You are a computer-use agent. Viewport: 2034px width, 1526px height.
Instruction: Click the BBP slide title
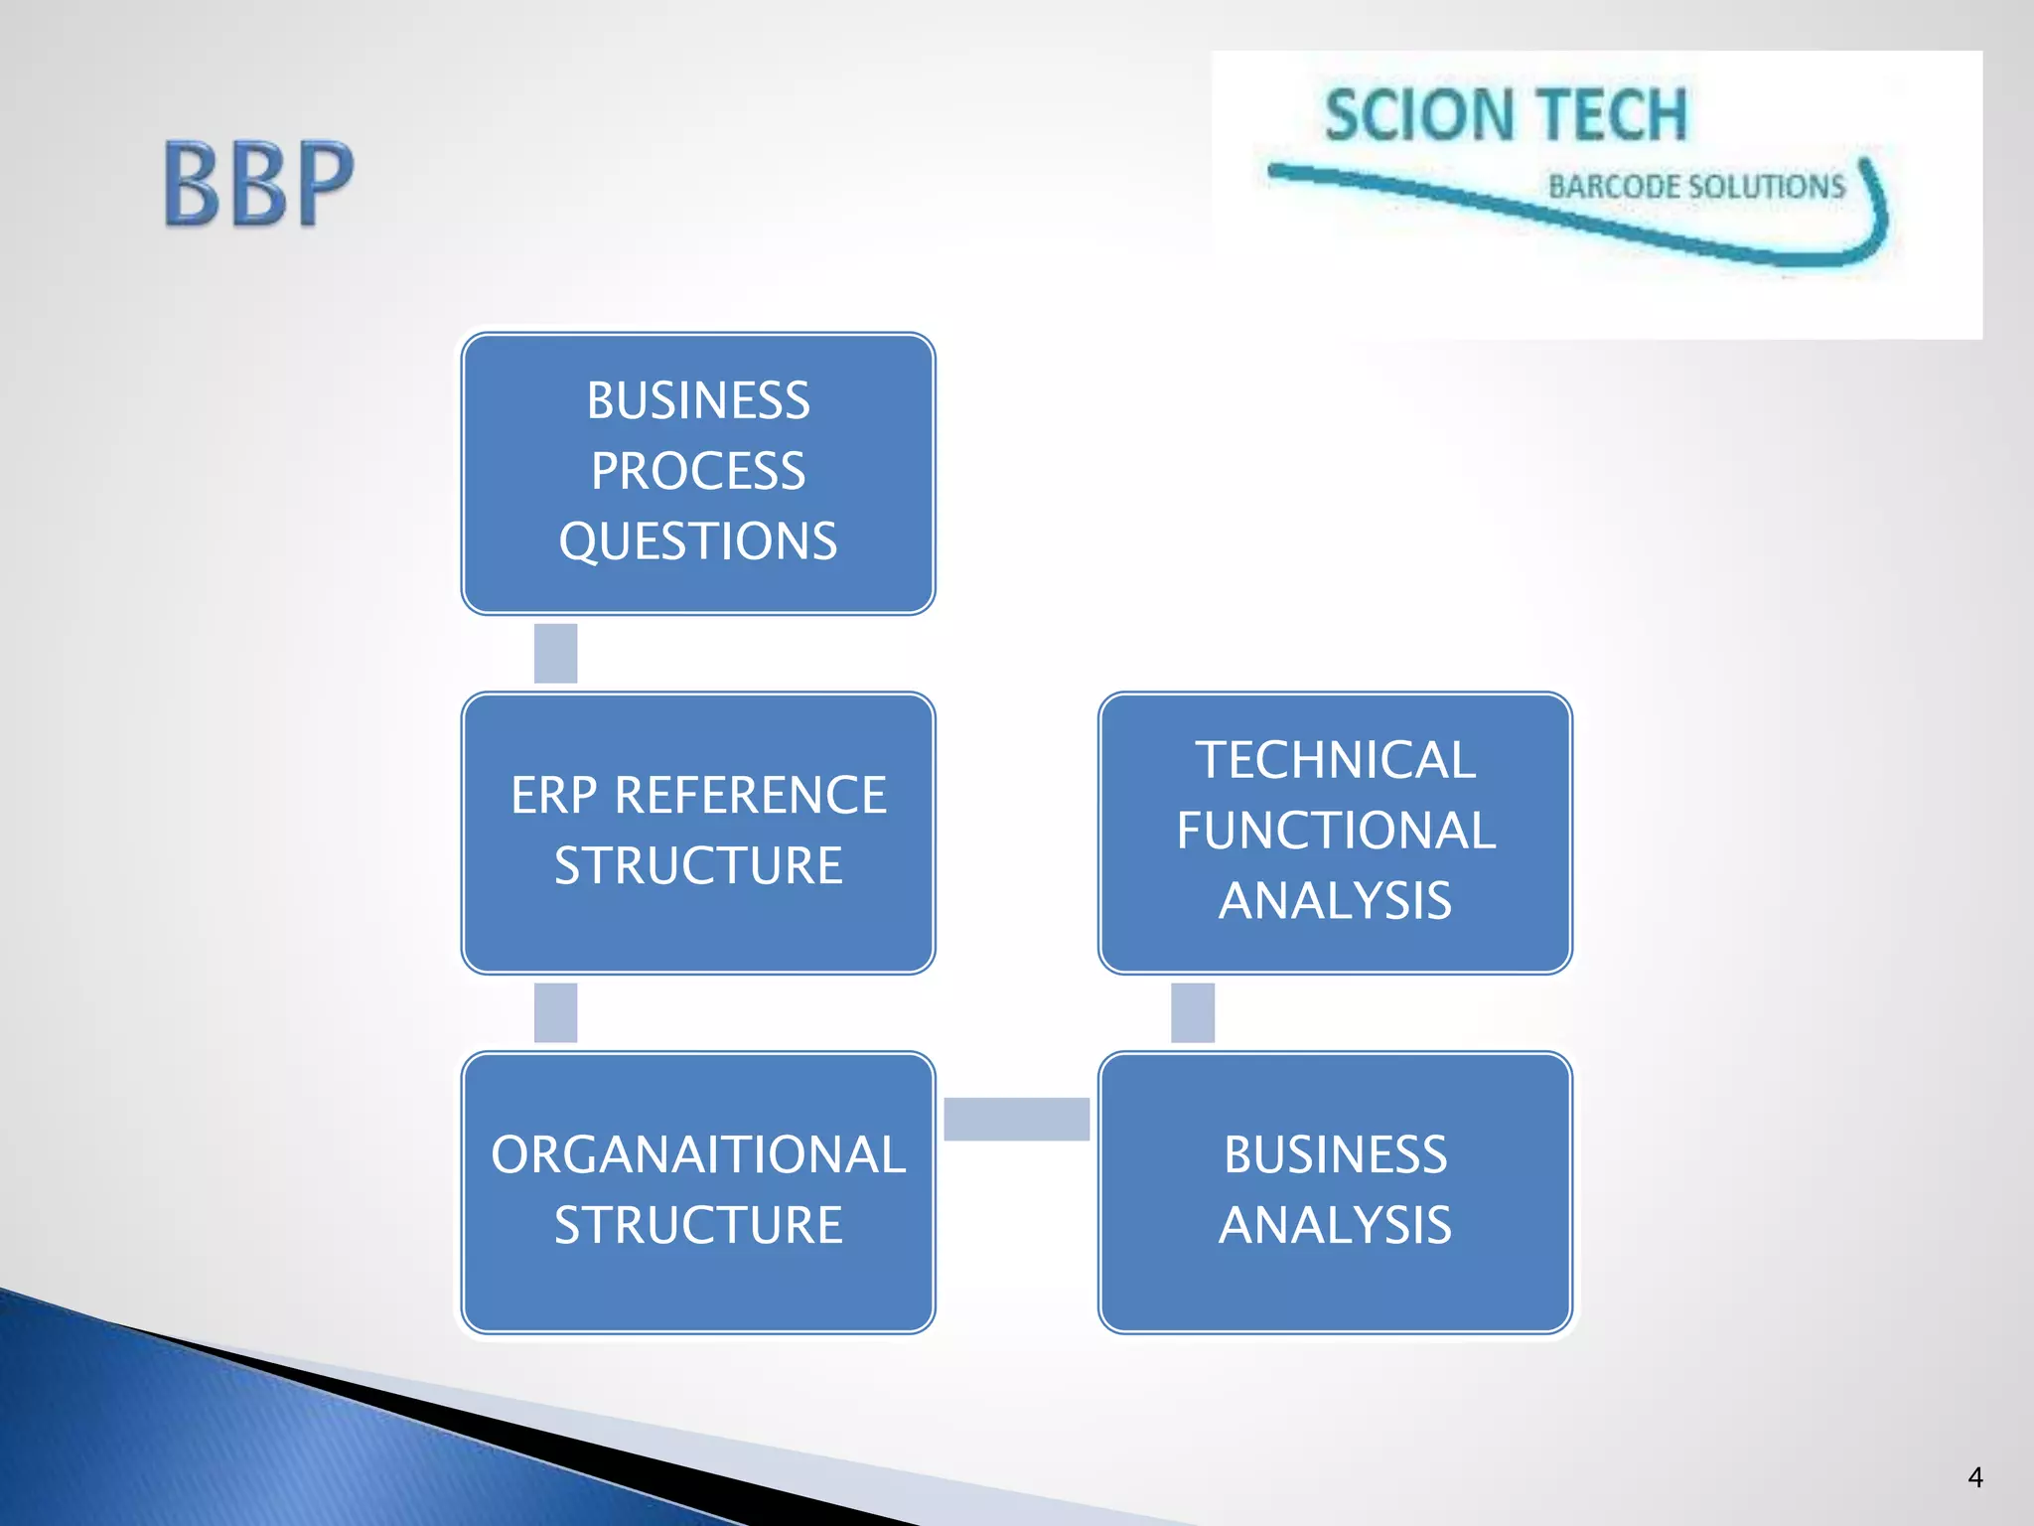pos(258,185)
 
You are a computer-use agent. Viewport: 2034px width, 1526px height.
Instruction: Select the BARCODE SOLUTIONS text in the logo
pos(1696,187)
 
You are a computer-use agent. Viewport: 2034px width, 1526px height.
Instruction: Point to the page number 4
pos(1975,1477)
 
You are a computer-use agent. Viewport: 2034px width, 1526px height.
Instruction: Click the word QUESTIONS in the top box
pos(698,541)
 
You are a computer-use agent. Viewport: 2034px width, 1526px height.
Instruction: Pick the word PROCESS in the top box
pos(698,471)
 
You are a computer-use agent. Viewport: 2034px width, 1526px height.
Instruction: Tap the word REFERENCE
pos(750,796)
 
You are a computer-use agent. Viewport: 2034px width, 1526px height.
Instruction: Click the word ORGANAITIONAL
pos(698,1155)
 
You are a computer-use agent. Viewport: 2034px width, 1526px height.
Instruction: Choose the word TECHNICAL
pos(1335,761)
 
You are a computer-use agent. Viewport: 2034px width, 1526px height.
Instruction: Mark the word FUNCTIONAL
pos(1335,831)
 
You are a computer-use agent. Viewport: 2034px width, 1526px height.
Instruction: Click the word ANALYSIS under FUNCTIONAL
pos(1335,901)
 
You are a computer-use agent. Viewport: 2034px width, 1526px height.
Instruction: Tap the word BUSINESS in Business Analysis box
pos(1335,1155)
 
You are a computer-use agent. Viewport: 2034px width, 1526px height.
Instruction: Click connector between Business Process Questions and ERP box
pos(555,654)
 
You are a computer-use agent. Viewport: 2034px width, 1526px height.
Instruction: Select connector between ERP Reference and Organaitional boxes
pos(555,1012)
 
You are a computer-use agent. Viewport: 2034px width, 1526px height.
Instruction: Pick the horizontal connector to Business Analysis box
pos(1016,1119)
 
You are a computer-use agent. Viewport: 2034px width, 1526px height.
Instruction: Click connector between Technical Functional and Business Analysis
pos(1193,1012)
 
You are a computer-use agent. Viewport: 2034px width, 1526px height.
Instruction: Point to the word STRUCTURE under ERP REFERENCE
pos(698,865)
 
